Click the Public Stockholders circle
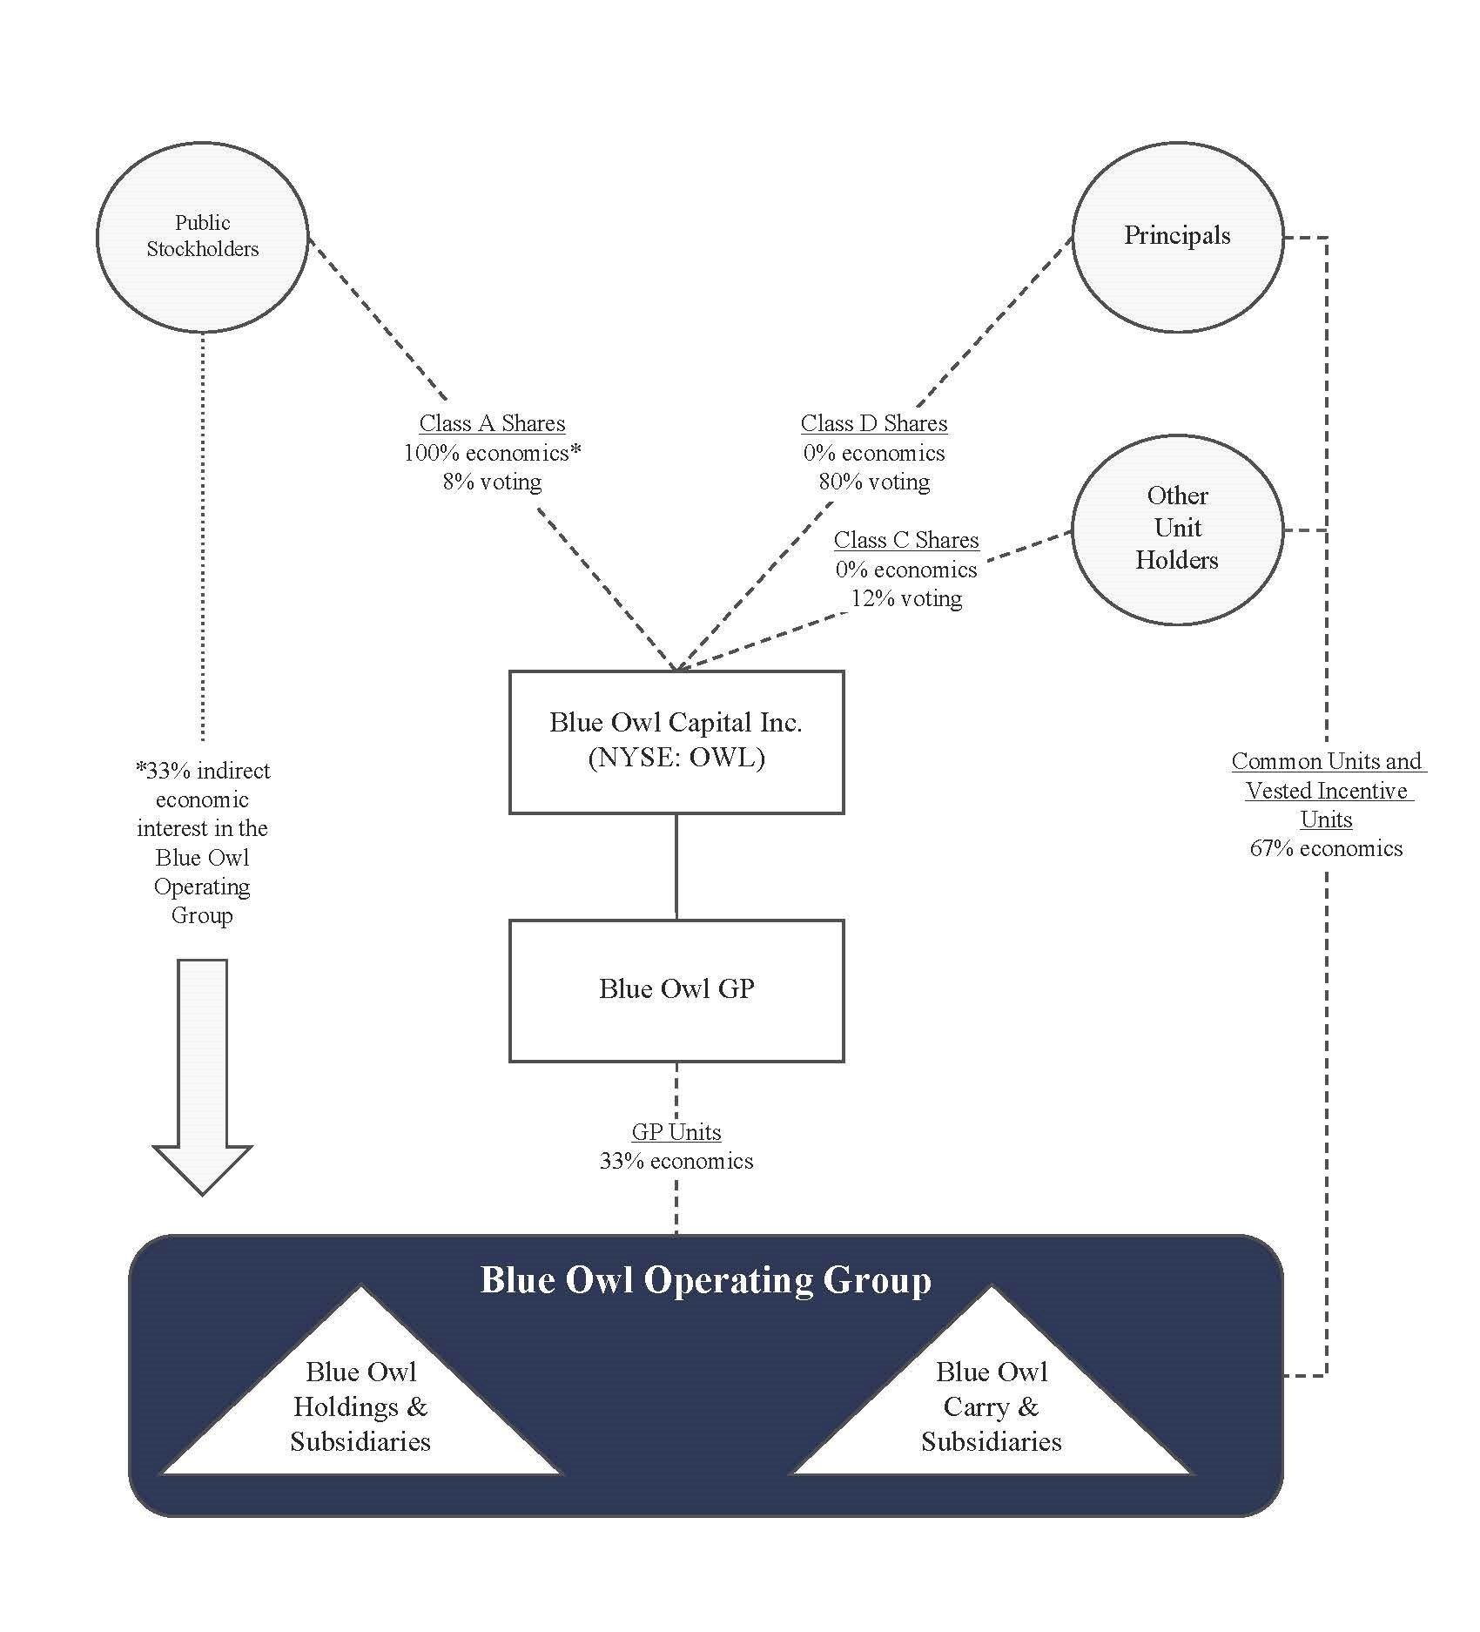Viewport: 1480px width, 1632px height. (202, 237)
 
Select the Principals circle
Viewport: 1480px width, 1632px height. (1177, 237)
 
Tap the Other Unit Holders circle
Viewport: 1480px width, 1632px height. (1177, 529)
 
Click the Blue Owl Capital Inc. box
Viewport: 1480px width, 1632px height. (676, 741)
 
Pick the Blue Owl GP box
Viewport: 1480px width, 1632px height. (676, 990)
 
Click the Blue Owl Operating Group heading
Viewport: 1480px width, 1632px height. (705, 1280)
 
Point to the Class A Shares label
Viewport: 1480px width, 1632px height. (492, 423)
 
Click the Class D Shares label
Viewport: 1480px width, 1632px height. (873, 423)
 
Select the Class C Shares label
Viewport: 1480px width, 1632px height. (905, 540)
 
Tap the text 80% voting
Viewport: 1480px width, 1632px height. (873, 482)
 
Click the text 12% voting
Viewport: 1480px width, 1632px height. (905, 598)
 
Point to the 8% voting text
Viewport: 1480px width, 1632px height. (492, 482)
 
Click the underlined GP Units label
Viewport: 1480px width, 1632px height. (676, 1132)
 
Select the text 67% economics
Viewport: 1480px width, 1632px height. (1326, 848)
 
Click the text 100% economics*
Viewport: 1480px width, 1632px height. (492, 453)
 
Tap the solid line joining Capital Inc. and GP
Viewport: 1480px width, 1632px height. (676, 867)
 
